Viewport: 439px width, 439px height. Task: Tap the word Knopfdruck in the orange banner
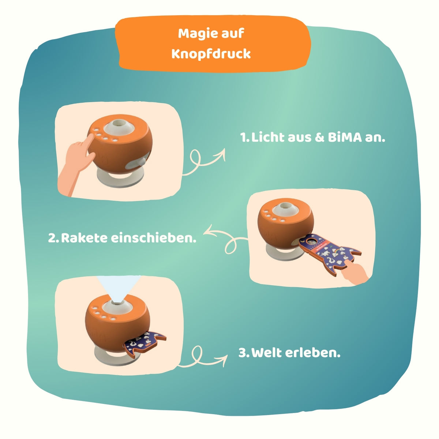[x=211, y=54]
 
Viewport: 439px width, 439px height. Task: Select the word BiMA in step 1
[x=345, y=138]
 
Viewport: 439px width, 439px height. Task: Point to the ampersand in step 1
[x=319, y=138]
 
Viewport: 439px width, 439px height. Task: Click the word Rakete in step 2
[x=84, y=238]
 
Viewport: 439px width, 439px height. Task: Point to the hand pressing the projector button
[x=75, y=163]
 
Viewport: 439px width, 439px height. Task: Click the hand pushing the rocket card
[x=355, y=272]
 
